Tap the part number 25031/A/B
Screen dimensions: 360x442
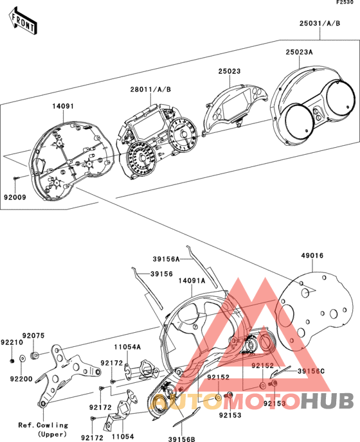pyautogui.click(x=319, y=23)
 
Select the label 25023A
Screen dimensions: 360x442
pyautogui.click(x=299, y=52)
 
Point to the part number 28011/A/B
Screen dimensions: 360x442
pyautogui.click(x=150, y=90)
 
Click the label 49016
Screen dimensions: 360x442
pyautogui.click(x=312, y=256)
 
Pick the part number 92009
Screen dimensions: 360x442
pyautogui.click(x=15, y=197)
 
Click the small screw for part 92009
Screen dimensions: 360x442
pyautogui.click(x=16, y=178)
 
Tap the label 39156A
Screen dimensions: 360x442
pyautogui.click(x=166, y=259)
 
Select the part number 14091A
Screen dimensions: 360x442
pyautogui.click(x=192, y=281)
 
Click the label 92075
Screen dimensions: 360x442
pyautogui.click(x=33, y=336)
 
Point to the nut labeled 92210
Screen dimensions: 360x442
pyautogui.click(x=12, y=361)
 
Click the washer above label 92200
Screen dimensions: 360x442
pyautogui.click(x=22, y=358)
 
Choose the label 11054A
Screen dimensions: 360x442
pyautogui.click(x=127, y=347)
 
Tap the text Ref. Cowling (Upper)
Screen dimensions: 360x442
pyautogui.click(x=43, y=429)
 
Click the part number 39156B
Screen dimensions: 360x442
pyautogui.click(x=182, y=439)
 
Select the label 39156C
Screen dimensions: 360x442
pyautogui.click(x=311, y=371)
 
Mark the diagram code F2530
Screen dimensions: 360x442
pyautogui.click(x=345, y=3)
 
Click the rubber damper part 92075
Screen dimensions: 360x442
pyautogui.click(x=35, y=356)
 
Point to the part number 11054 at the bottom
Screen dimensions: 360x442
pyautogui.click(x=123, y=438)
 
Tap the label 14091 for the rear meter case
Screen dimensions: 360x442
pyautogui.click(x=63, y=106)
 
